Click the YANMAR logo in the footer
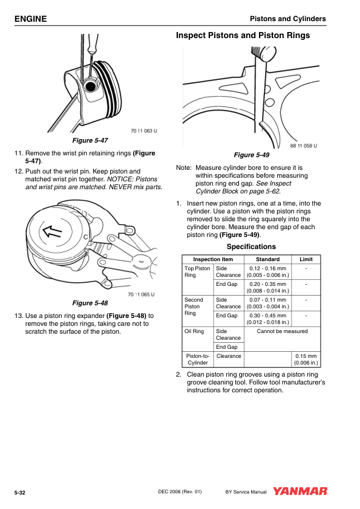tap(300, 491)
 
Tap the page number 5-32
tap(20, 493)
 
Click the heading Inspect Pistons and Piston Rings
tap(243, 36)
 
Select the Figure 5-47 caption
tap(90, 140)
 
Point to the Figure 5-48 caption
tap(90, 303)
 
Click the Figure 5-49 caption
tap(252, 155)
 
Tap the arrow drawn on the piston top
tap(52, 232)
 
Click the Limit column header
tap(306, 259)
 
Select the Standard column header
tap(267, 259)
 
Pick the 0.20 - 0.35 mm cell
tap(267, 287)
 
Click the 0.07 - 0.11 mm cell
tap(267, 303)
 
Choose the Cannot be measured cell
tap(282, 331)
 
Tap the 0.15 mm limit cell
tap(306, 359)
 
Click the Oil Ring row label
tap(194, 331)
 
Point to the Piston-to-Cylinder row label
tap(197, 359)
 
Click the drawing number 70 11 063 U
tap(143, 131)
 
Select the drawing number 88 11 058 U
tap(304, 146)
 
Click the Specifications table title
tap(251, 247)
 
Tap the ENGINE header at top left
tap(30, 19)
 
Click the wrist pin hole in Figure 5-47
tap(90, 86)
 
